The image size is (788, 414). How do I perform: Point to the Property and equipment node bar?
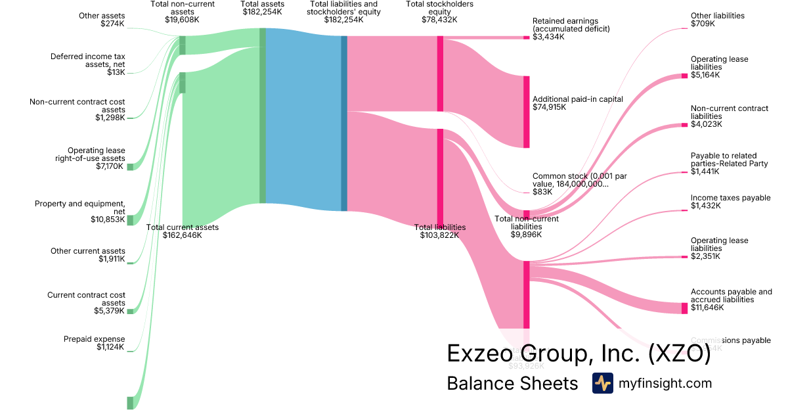coord(130,219)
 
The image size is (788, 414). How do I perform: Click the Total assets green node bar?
coord(263,116)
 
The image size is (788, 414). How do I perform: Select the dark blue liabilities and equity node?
coord(344,124)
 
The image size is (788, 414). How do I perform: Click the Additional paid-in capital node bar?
coord(526,112)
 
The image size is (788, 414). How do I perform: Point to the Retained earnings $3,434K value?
coord(548,37)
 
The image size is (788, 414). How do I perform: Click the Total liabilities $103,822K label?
coord(440,231)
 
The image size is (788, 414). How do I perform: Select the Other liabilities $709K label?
coord(717,20)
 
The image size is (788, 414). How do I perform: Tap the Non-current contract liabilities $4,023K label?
coord(729,116)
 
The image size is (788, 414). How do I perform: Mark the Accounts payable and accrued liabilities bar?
coord(684,308)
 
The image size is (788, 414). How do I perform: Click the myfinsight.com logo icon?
coord(602,383)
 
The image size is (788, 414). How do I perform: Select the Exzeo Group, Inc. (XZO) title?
coord(579,354)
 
